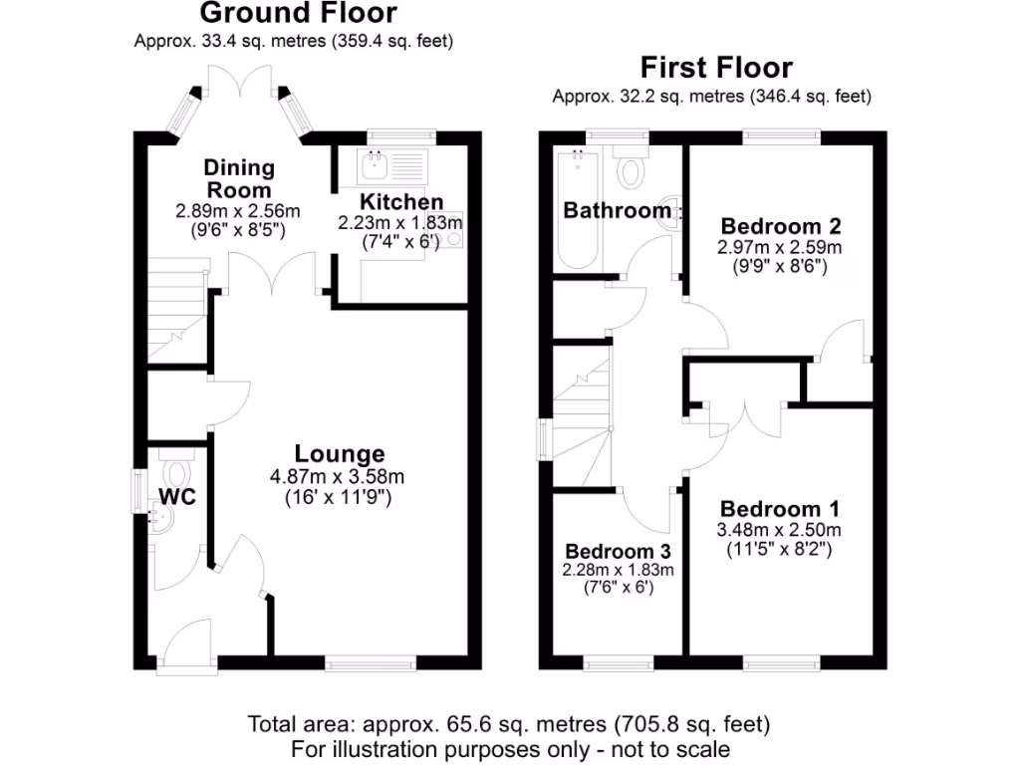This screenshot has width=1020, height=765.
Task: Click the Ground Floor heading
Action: tap(298, 14)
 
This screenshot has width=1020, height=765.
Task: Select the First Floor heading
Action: tap(716, 68)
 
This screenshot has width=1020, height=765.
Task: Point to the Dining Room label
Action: tap(238, 177)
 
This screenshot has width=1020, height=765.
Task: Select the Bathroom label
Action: tap(617, 210)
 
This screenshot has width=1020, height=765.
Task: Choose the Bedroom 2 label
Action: tap(782, 224)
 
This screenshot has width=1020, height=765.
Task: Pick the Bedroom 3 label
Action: tap(618, 551)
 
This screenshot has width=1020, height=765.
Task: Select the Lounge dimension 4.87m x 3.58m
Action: tap(338, 476)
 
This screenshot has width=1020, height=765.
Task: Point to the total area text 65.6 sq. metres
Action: tap(509, 724)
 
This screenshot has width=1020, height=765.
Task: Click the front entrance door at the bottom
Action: tap(184, 647)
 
